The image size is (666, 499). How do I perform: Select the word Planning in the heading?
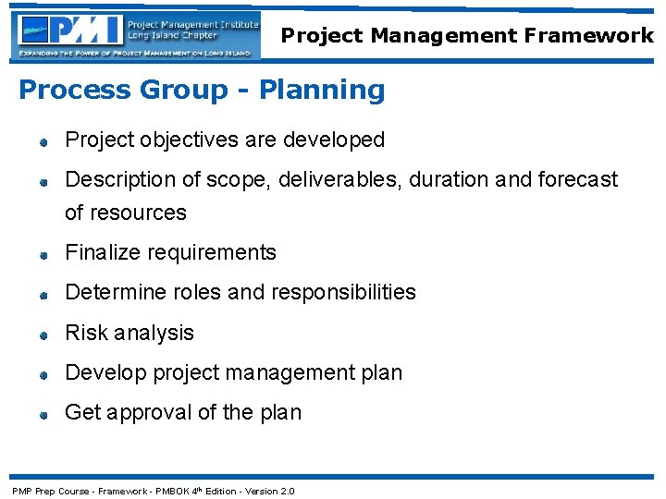(322, 91)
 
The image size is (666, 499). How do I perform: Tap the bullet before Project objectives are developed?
(43, 142)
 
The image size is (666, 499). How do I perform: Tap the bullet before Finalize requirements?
(43, 254)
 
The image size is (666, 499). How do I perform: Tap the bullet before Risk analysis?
(43, 335)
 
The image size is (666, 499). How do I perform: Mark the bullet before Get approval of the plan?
(43, 415)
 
